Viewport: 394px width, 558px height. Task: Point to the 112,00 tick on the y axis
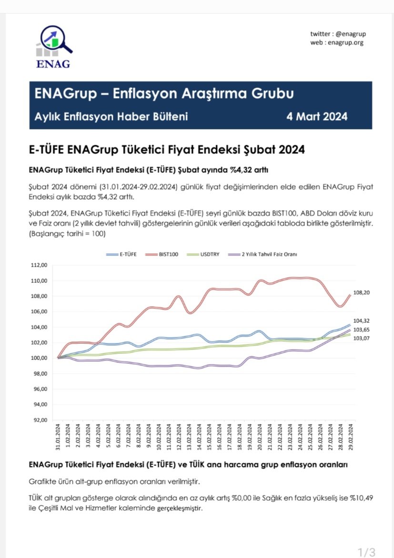coord(39,265)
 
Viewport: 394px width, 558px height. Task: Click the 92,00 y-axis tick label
coord(39,420)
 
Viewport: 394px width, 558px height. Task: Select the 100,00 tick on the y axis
coord(39,358)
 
